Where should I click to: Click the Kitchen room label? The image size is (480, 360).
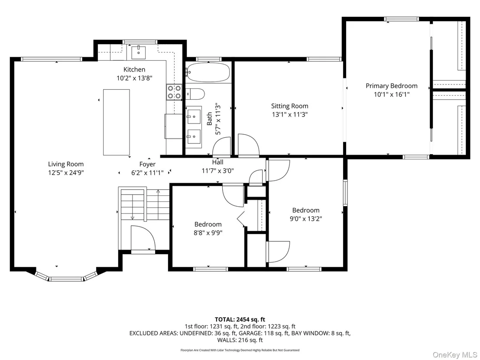tap(134, 69)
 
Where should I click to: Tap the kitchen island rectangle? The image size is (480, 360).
tap(117, 123)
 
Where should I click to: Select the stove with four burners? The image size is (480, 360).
tap(174, 92)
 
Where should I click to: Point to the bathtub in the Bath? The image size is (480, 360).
tap(208, 72)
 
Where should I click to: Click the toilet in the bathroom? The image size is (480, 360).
tap(195, 94)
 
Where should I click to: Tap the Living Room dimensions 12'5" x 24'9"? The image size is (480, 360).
tap(66, 173)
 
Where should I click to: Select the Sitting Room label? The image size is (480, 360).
tap(289, 106)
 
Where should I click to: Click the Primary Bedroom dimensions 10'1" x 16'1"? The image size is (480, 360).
tap(392, 94)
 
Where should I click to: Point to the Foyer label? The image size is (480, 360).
tap(147, 164)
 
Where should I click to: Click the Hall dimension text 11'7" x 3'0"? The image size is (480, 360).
tap(217, 171)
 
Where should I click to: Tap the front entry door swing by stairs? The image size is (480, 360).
tap(143, 238)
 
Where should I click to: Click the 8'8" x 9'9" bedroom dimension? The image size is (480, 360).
tap(208, 233)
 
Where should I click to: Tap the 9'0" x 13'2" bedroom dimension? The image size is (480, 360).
tap(306, 219)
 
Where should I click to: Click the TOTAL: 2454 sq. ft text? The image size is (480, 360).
tap(240, 320)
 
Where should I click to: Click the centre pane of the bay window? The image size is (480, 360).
tap(66, 279)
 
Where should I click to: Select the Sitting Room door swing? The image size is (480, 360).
tap(249, 146)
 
